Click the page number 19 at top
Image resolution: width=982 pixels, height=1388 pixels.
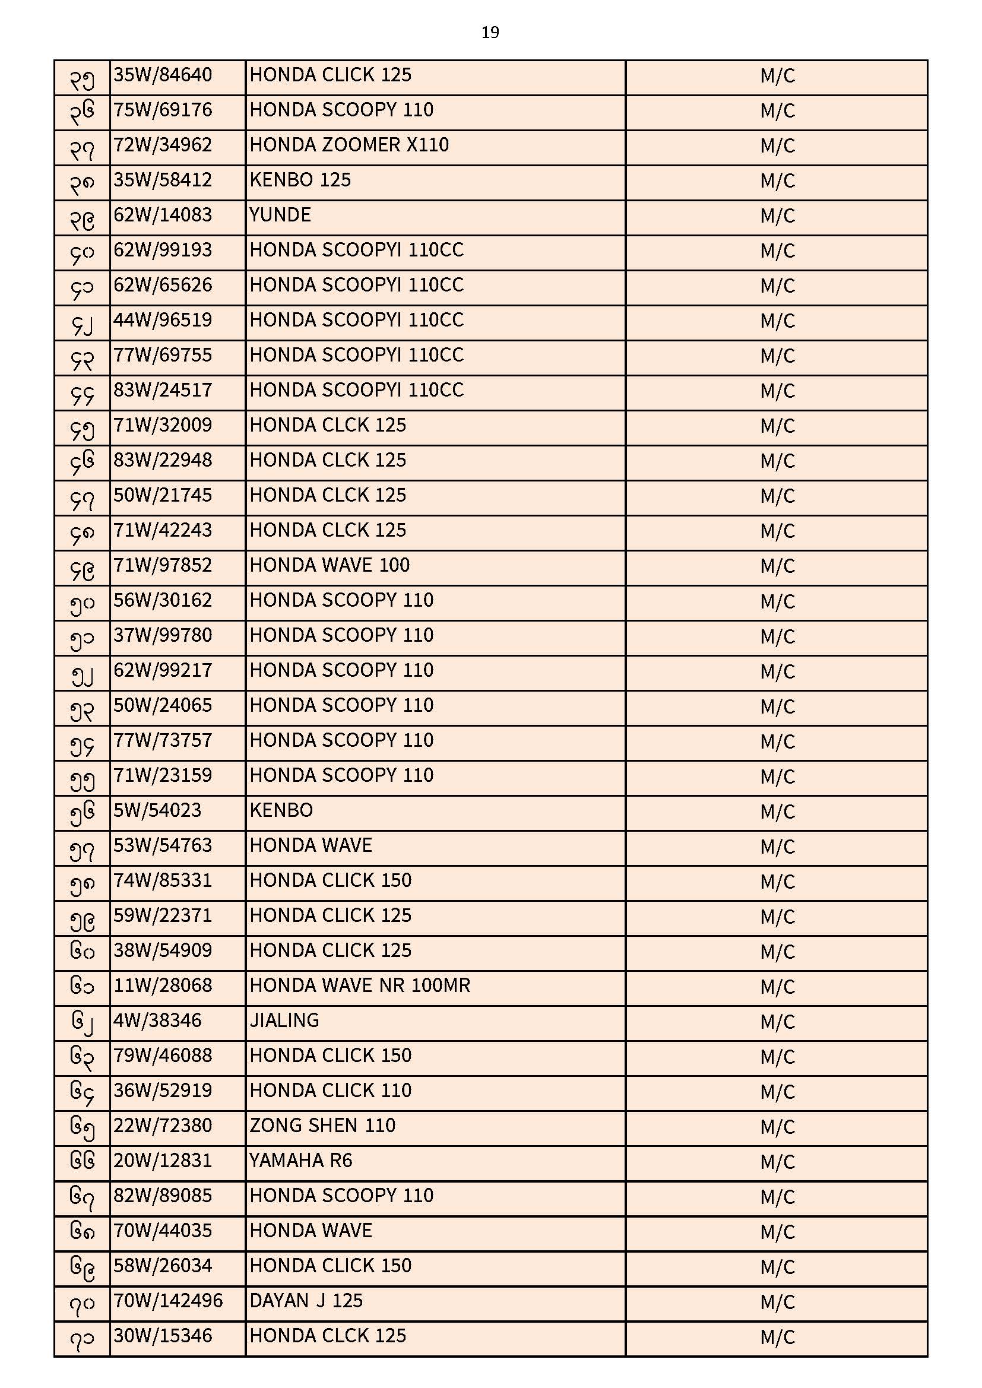click(490, 33)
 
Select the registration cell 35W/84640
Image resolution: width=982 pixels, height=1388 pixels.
click(163, 75)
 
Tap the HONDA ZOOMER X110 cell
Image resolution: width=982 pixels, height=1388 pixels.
click(349, 145)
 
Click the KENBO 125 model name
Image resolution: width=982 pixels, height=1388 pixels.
click(300, 180)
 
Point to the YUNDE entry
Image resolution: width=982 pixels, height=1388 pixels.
click(280, 216)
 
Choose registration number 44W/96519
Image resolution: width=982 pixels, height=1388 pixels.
click(163, 321)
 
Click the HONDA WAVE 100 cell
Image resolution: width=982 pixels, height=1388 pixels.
click(330, 566)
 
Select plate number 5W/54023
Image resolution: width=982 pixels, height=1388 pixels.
click(157, 811)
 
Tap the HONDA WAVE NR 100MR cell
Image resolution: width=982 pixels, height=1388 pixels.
click(360, 986)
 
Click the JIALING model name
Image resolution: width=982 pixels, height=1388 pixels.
click(284, 1021)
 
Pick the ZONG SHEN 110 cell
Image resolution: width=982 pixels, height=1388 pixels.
click(322, 1126)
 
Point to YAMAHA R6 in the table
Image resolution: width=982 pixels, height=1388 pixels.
click(300, 1161)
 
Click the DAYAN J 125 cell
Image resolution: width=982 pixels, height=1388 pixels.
click(306, 1301)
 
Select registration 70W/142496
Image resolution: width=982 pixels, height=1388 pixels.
click(168, 1301)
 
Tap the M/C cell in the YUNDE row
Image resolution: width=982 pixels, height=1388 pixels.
click(777, 216)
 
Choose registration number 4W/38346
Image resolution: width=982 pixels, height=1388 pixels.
click(157, 1021)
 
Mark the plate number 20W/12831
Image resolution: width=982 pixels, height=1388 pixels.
click(163, 1161)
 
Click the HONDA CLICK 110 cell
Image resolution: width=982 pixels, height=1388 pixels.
click(330, 1091)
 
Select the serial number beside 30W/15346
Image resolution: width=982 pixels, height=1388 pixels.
click(83, 1338)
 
